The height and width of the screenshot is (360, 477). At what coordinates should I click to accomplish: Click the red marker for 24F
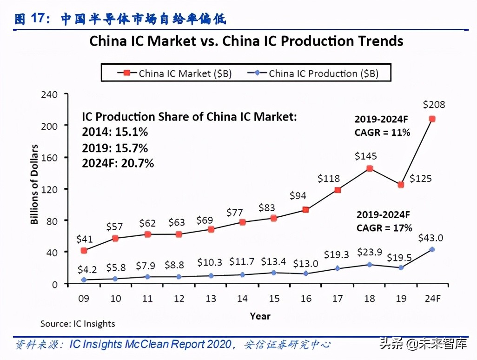pyautogui.click(x=432, y=119)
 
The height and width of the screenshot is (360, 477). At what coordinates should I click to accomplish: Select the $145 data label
pyautogui.click(x=366, y=156)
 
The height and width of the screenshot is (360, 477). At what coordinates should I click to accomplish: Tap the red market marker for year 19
pyautogui.click(x=401, y=185)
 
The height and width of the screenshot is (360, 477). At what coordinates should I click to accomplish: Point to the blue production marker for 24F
pyautogui.click(x=432, y=249)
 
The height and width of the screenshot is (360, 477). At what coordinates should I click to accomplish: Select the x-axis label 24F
pyautogui.click(x=432, y=298)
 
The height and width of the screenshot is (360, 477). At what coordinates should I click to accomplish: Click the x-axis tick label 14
pyautogui.click(x=242, y=298)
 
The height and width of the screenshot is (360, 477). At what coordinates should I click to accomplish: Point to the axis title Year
pyautogui.click(x=260, y=316)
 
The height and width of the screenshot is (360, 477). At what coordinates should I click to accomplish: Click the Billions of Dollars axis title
pyautogui.click(x=35, y=185)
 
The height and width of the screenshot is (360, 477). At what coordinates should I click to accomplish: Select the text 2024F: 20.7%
pyautogui.click(x=118, y=163)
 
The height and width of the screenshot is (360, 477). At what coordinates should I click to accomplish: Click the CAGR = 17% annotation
pyautogui.click(x=384, y=228)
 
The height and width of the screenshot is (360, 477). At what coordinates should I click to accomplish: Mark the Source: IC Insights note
pyautogui.click(x=78, y=324)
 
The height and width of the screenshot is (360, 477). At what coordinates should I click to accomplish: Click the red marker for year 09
pyautogui.click(x=84, y=250)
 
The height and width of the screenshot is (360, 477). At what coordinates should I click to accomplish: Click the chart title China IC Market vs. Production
pyautogui.click(x=246, y=41)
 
